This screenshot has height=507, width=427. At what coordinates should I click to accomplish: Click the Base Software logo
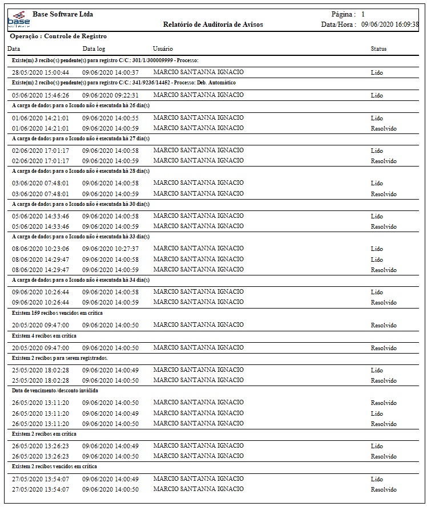point(19,21)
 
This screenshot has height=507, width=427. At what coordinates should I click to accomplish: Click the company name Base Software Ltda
point(63,14)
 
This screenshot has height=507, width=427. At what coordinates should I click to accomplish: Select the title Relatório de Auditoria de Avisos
point(212,25)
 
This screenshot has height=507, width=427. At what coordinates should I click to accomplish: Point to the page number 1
point(363,14)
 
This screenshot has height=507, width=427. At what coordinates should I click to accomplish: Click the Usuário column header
point(163,49)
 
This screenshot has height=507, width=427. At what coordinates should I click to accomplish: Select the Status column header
point(378,49)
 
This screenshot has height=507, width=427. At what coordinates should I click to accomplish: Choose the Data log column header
point(94,49)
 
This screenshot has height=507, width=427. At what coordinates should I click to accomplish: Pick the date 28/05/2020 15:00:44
point(41,72)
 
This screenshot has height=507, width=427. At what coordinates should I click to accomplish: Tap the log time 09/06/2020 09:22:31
point(110,95)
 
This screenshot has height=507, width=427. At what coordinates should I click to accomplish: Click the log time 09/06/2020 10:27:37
point(110,249)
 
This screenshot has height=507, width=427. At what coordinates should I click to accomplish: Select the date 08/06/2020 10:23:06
point(41,249)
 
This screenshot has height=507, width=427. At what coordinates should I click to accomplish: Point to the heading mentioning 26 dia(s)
point(80,106)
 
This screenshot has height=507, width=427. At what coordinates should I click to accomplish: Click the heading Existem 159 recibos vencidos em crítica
point(58,313)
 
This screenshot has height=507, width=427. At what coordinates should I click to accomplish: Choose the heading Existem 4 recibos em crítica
point(44,336)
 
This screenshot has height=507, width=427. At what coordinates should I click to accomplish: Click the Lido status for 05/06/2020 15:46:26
point(377,96)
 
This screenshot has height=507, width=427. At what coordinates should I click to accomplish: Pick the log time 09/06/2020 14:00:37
point(110,72)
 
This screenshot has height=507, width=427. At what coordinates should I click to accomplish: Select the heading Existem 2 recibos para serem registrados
point(60,358)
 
